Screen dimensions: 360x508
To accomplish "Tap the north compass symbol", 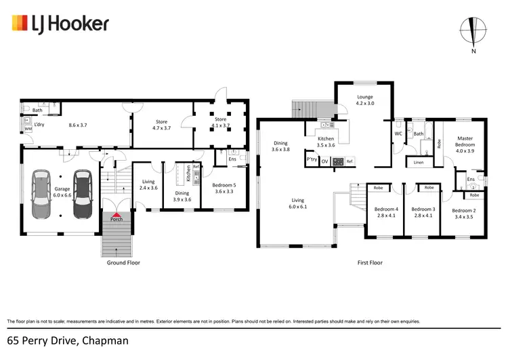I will [x=472, y=31].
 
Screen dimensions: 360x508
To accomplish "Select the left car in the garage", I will [x=41, y=194].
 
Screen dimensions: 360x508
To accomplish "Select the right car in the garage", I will [x=83, y=194].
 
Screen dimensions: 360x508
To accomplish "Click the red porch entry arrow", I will [x=117, y=215].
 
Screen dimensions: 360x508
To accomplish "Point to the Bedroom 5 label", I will [x=224, y=188].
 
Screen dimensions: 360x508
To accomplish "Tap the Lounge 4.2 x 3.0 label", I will [x=365, y=100].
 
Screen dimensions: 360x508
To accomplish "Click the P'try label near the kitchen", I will [x=312, y=160].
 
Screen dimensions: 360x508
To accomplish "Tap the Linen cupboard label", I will [x=419, y=162].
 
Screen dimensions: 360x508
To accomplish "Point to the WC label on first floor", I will [x=398, y=133].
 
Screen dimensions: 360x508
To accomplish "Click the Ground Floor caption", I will [x=124, y=262].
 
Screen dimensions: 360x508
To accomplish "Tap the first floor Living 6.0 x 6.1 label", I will [x=298, y=204].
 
